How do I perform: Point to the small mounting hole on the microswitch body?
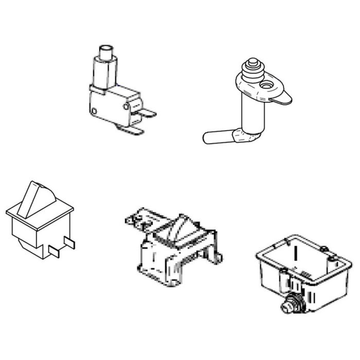pyautogui.click(x=94, y=110)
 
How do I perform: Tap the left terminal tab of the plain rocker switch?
pyautogui.click(x=55, y=250)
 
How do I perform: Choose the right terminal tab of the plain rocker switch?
pyautogui.click(x=70, y=241)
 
